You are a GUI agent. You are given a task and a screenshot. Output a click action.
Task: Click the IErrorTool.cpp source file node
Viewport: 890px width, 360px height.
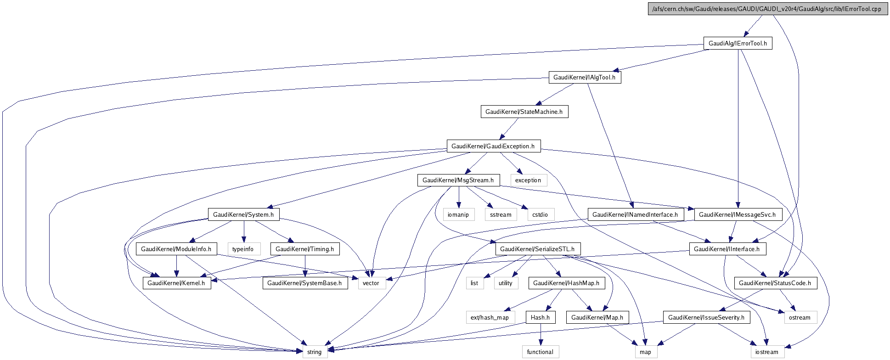pos(766,9)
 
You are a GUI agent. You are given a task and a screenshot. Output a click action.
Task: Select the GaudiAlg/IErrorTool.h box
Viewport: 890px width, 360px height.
pos(738,44)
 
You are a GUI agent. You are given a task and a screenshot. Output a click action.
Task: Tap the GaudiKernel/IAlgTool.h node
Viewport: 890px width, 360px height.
pos(584,78)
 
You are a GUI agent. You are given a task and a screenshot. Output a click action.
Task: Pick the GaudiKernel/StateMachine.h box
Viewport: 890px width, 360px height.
pos(524,112)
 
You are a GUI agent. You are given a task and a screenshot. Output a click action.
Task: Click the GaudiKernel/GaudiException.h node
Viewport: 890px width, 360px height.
pos(493,146)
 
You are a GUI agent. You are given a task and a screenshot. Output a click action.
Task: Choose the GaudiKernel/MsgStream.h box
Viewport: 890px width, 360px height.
pos(458,180)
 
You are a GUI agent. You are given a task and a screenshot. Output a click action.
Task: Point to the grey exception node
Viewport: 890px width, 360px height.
pos(528,180)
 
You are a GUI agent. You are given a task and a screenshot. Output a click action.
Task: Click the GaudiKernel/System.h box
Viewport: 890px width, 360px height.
pos(243,215)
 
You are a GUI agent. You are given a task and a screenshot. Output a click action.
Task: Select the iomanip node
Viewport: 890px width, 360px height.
pos(458,215)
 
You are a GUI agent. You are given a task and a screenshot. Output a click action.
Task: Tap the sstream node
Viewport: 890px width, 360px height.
pos(500,215)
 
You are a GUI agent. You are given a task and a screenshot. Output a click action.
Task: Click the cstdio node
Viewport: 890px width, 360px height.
pos(540,215)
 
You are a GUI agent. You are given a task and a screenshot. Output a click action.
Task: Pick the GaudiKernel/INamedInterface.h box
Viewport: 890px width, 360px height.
pos(635,215)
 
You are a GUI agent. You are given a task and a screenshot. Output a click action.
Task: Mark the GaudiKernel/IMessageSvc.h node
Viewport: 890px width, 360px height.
pos(737,215)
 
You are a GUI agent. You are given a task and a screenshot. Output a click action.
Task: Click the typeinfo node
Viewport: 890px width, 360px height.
pos(243,249)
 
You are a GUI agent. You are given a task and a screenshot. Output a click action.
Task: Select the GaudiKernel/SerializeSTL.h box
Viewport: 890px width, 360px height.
pos(537,249)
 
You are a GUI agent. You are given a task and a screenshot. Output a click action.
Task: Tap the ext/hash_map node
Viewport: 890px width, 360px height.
pos(490,318)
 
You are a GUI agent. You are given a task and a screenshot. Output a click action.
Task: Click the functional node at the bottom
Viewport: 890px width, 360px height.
pos(540,352)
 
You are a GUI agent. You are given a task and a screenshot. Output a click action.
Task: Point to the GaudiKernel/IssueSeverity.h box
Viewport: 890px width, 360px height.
pos(706,318)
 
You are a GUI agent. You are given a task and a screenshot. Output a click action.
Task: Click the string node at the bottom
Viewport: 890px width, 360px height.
pos(314,352)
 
